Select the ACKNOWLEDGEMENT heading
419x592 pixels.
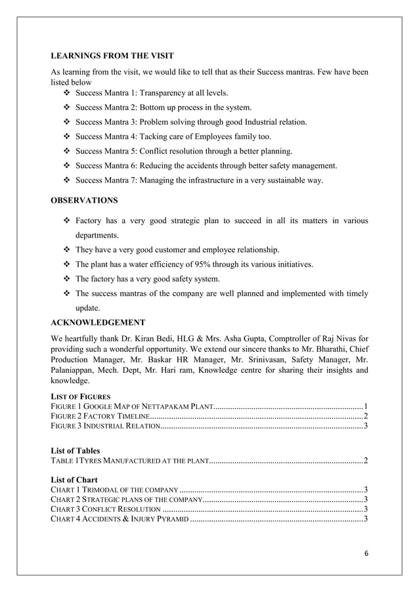98,322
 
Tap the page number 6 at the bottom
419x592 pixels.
366,553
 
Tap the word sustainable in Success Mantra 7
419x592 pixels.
280,180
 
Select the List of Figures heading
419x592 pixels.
81,396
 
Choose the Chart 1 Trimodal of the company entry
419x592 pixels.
114,490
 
